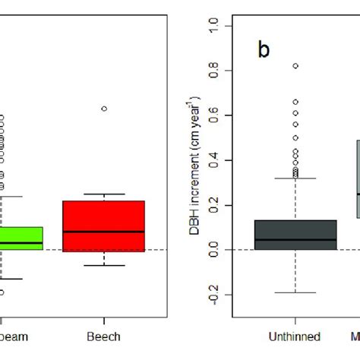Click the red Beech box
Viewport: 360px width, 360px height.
coord(103,226)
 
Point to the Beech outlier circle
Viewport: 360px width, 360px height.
coord(104,109)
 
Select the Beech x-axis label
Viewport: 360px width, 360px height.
coord(104,335)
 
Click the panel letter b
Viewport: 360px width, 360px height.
coord(264,50)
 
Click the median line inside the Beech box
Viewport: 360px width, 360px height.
coord(103,232)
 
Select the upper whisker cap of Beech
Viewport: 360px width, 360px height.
coord(104,194)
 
